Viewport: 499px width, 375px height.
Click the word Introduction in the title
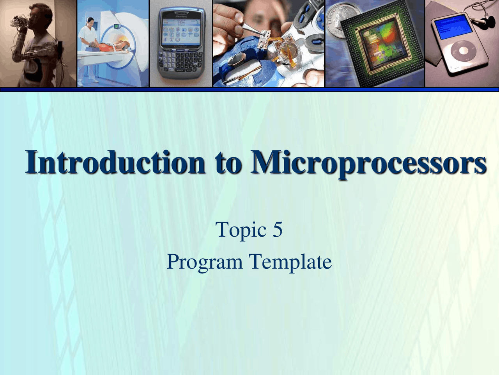point(115,162)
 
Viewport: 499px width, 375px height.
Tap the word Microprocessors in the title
point(368,162)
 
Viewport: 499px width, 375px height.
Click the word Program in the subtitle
point(205,262)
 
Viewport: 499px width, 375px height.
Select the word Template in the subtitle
point(290,262)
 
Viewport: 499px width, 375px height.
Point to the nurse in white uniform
point(88,43)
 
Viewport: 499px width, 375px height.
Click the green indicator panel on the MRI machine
point(116,26)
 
